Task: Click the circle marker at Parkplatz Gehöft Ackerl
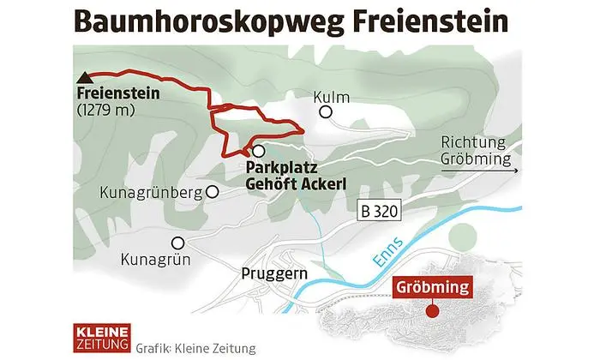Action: coord(258,149)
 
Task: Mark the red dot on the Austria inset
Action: coord(435,310)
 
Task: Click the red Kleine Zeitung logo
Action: coord(100,338)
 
